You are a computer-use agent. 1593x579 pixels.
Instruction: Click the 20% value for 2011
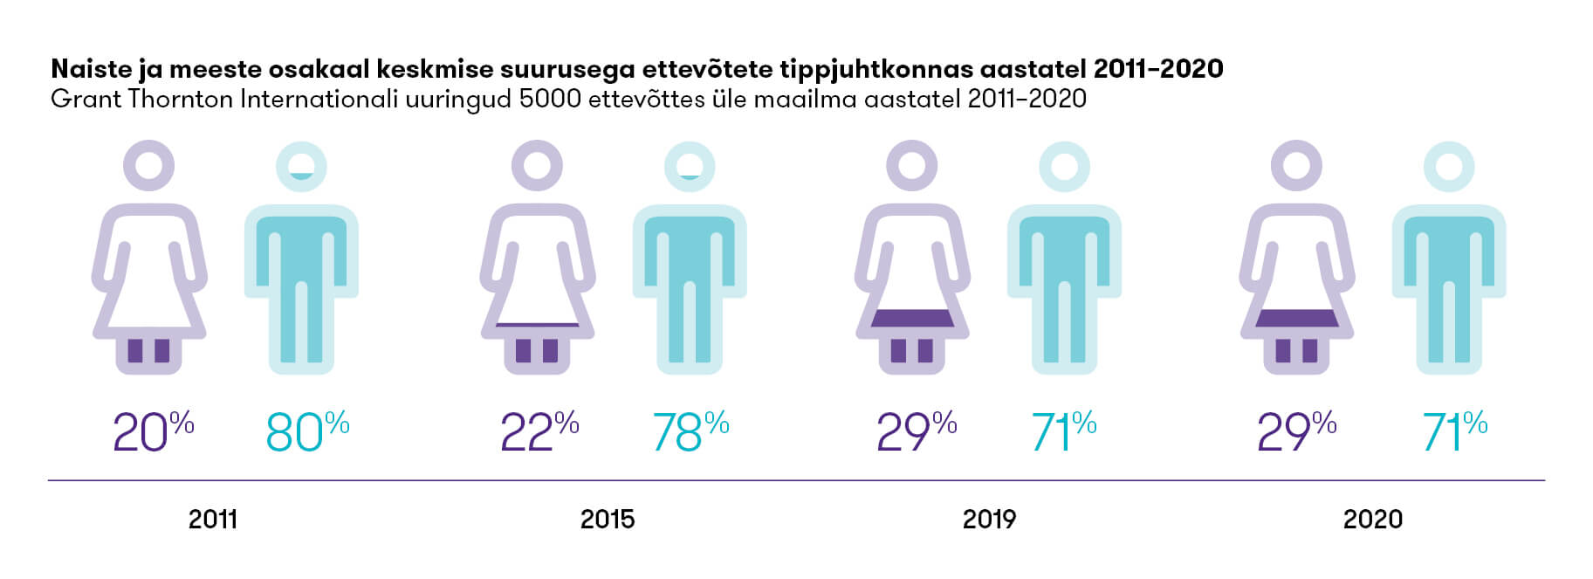(153, 431)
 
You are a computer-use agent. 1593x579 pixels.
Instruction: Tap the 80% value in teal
(307, 431)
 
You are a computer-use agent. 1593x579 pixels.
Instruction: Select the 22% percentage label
(539, 431)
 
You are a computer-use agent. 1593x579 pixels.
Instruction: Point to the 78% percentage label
(690, 431)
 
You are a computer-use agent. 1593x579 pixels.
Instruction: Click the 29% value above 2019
(916, 431)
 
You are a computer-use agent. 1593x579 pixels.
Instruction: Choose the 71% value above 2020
(1454, 431)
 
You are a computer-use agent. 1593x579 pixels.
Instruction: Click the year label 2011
(213, 520)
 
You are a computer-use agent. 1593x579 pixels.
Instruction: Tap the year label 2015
(608, 520)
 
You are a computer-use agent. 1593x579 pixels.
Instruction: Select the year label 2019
(989, 520)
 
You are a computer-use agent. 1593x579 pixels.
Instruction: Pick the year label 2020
(1372, 520)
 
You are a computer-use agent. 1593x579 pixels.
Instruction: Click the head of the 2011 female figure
(149, 165)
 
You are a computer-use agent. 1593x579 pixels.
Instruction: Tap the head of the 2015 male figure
(690, 166)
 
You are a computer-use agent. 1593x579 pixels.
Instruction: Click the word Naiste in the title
(90, 68)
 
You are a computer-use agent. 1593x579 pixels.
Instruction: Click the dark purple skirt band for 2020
(1297, 319)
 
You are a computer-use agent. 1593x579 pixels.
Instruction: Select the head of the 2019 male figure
(1065, 166)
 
